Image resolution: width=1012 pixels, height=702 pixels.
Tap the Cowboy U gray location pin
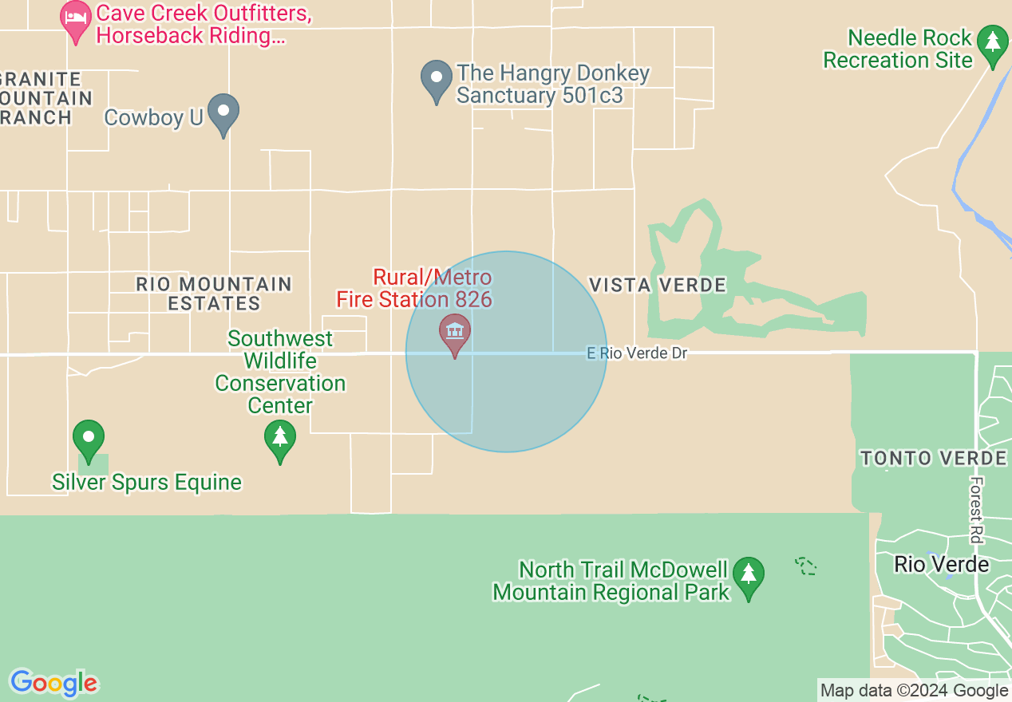click(223, 113)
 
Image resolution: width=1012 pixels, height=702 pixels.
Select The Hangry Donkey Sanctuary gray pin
click(437, 80)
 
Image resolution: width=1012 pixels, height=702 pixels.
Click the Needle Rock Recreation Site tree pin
click(993, 44)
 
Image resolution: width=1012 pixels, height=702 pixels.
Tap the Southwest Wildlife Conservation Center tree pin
click(280, 440)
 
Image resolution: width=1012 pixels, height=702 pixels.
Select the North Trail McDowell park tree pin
click(748, 576)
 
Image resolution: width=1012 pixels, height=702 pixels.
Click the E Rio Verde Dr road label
click(637, 353)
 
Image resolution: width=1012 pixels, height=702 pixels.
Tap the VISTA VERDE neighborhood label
click(658, 285)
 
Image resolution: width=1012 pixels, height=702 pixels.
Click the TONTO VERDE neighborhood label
click(933, 458)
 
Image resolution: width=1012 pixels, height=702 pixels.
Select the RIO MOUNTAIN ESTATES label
click(214, 294)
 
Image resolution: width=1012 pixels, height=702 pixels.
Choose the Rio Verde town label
click(941, 564)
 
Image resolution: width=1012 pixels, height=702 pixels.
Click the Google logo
click(53, 684)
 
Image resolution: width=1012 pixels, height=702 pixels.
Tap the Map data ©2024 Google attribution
click(914, 691)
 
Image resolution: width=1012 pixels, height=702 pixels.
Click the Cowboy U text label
click(154, 117)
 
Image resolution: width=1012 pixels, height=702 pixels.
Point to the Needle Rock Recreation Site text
click(899, 49)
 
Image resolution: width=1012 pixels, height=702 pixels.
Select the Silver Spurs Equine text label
click(147, 482)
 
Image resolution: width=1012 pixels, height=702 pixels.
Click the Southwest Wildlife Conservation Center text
click(280, 372)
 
